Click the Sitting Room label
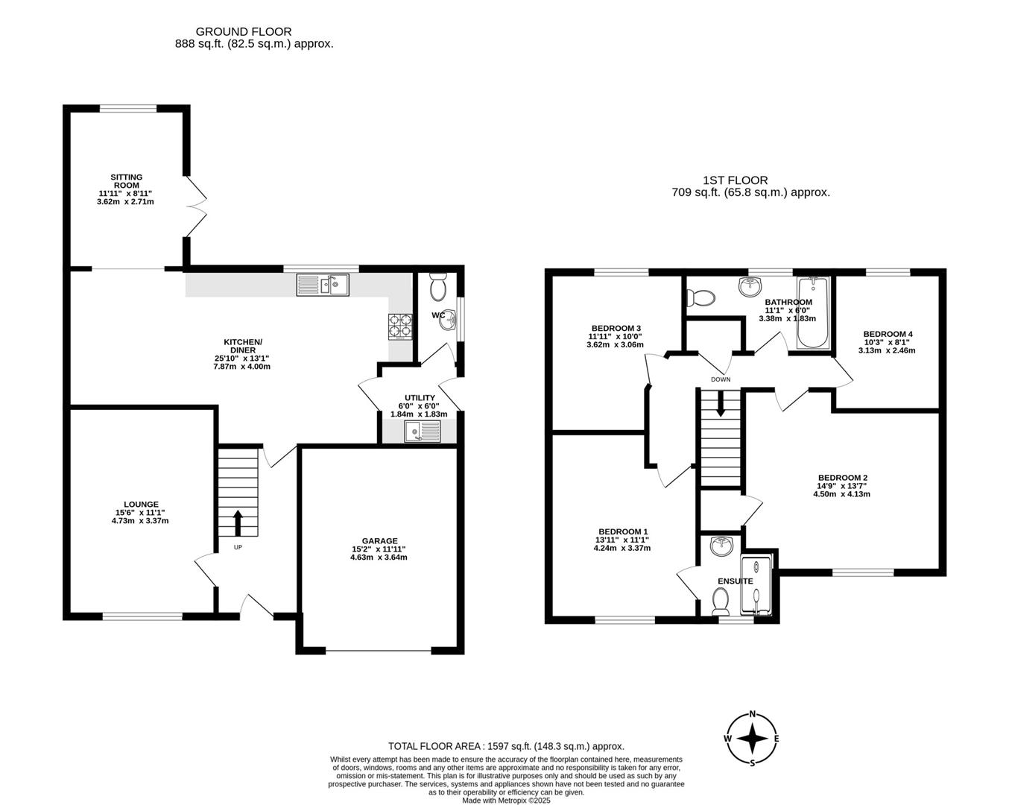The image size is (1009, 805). [x=126, y=181]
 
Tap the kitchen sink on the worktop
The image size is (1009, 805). [x=323, y=285]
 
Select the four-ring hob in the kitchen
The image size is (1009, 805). [x=400, y=326]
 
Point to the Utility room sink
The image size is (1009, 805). [x=423, y=432]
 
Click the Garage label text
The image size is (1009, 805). [x=379, y=541]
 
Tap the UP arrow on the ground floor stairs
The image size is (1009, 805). [x=238, y=523]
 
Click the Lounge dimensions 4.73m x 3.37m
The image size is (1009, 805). [x=140, y=521]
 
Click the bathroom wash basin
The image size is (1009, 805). [x=750, y=285]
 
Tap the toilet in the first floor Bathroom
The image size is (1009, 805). [x=700, y=298]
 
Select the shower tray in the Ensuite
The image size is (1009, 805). [x=757, y=583]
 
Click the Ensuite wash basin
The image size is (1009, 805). [x=721, y=547]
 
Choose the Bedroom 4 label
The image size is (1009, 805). [x=888, y=334]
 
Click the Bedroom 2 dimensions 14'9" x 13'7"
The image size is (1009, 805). [x=842, y=486]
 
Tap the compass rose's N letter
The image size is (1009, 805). [x=753, y=713]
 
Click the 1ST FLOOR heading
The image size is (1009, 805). [x=735, y=180]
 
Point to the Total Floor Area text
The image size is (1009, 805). [x=506, y=746]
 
